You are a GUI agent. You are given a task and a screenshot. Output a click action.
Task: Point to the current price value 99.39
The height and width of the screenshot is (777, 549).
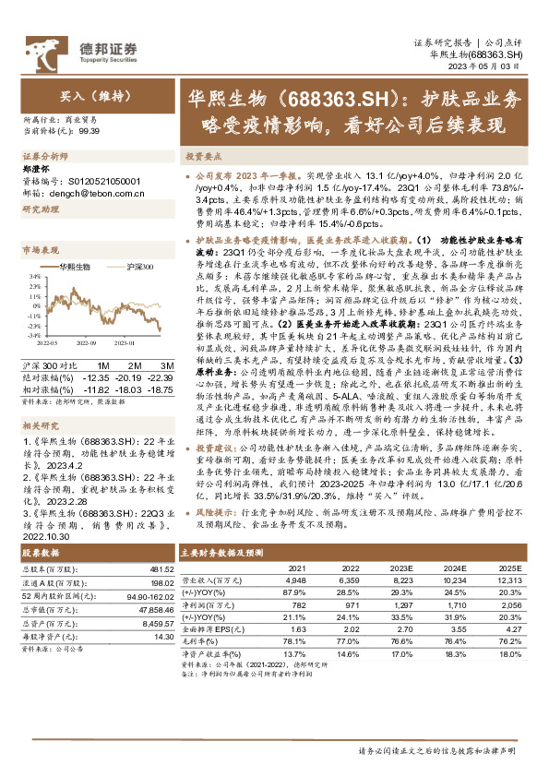point(90,132)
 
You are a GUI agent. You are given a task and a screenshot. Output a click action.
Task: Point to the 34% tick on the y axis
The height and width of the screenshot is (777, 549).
point(30,276)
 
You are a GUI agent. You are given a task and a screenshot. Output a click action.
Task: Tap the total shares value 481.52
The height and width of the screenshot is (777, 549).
point(161,568)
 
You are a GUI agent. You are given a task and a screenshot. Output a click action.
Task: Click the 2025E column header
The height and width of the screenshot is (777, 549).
point(510,568)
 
